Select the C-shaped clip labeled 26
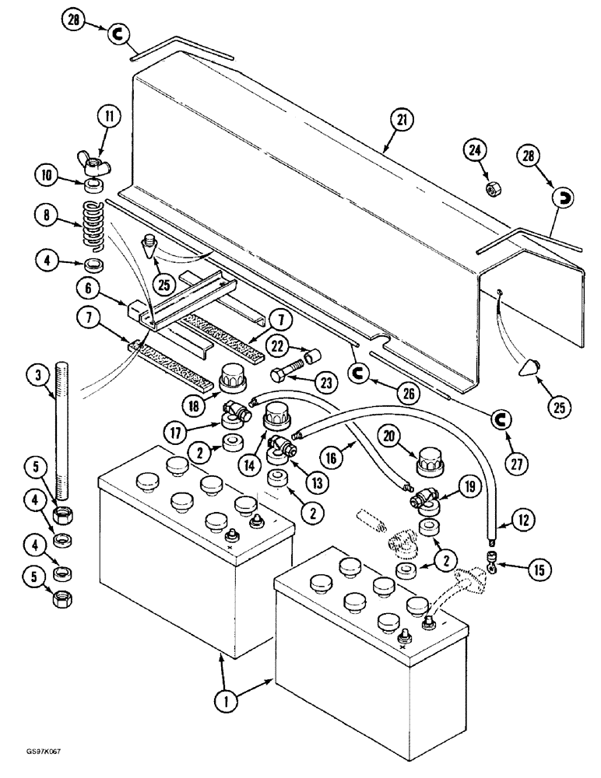[359, 374]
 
